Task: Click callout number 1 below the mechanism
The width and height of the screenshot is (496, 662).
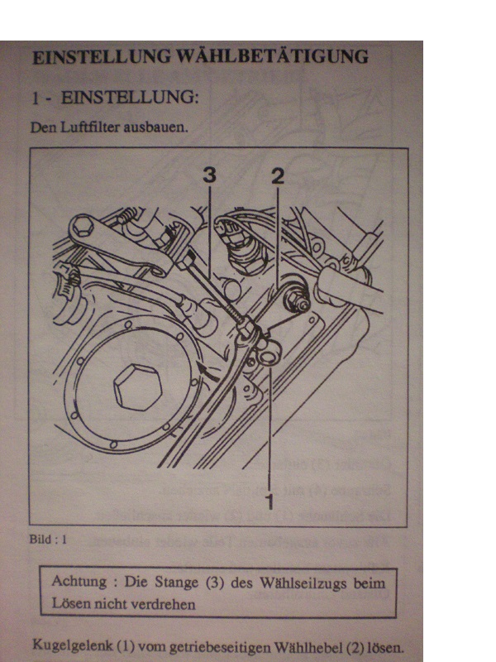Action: [x=269, y=499]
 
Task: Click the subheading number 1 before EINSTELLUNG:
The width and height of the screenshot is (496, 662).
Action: [x=36, y=98]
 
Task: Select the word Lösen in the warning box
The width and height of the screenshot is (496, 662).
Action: [x=70, y=603]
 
